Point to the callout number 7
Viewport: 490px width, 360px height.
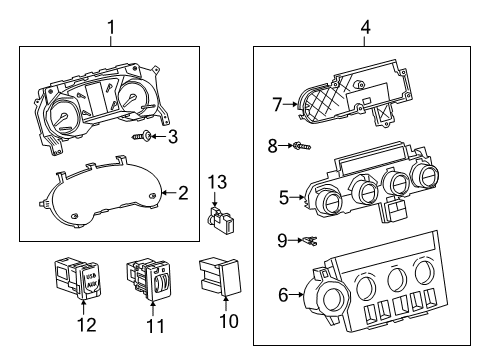coord(278,102)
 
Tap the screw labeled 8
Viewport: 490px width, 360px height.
coord(298,146)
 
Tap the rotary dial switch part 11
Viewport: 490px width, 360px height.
coord(150,281)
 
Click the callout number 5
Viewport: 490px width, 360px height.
coord(283,198)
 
